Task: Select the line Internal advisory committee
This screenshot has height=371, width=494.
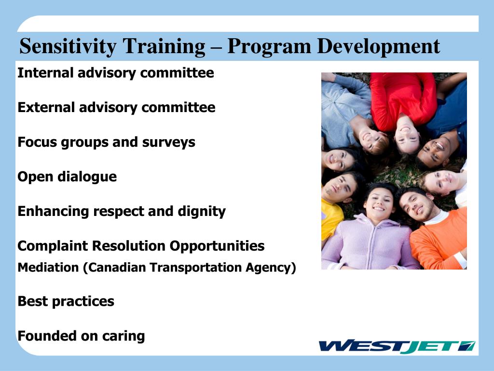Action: point(115,73)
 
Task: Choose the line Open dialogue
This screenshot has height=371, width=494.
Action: point(67,177)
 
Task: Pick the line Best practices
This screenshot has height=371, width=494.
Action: point(66,301)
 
